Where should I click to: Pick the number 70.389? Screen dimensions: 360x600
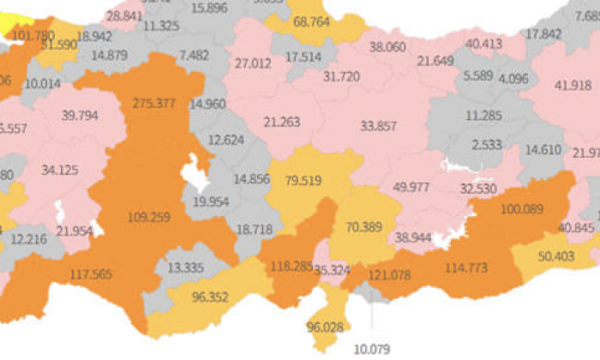[364, 227]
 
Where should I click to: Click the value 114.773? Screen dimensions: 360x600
[465, 268]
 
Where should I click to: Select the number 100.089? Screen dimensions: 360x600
[520, 209]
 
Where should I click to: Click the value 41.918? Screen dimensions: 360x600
[573, 85]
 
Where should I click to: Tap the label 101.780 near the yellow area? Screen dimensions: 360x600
[33, 35]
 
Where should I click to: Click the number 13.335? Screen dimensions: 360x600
[186, 268]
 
